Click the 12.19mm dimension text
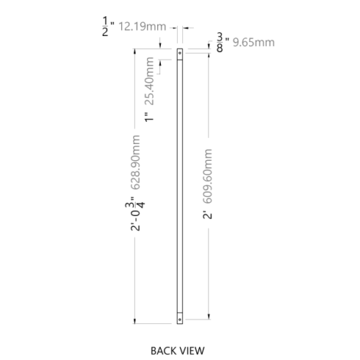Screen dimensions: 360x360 click(x=142, y=27)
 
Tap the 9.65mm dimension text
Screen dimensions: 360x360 click(x=254, y=42)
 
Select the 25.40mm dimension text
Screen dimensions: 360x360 click(x=149, y=81)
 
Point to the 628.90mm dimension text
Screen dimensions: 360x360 click(x=136, y=162)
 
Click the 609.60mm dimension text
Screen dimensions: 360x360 click(x=208, y=176)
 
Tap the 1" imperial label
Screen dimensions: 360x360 click(x=149, y=117)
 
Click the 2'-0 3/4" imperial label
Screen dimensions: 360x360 click(x=136, y=214)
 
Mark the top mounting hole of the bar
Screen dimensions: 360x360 click(x=180, y=53)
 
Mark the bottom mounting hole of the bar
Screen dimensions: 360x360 click(x=180, y=319)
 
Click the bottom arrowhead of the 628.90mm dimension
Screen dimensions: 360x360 click(x=135, y=321)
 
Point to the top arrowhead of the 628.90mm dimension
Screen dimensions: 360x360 click(x=135, y=51)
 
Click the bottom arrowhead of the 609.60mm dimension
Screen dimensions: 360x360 click(x=209, y=316)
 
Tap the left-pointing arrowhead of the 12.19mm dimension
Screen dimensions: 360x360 click(x=185, y=28)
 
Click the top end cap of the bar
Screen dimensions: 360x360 click(x=180, y=54)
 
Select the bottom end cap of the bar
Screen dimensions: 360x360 click(x=180, y=319)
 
